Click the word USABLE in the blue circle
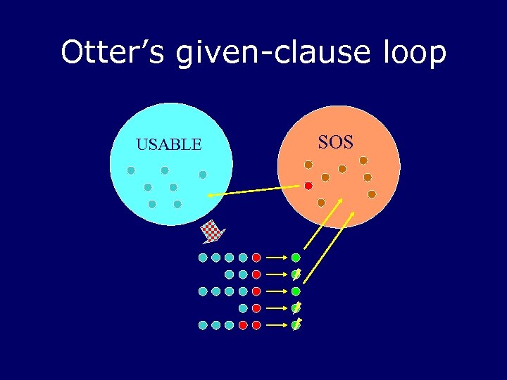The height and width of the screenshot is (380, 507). click(x=168, y=145)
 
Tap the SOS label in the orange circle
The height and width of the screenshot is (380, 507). click(x=335, y=142)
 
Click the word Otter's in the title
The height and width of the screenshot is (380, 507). click(x=113, y=53)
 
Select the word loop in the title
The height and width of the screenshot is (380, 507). click(x=414, y=53)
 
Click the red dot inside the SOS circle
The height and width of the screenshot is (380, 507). click(x=308, y=186)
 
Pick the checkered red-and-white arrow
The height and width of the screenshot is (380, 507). click(x=212, y=231)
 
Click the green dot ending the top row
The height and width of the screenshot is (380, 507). click(x=296, y=258)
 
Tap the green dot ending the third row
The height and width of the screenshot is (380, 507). click(x=296, y=291)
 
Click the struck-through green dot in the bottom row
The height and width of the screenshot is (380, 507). click(x=296, y=325)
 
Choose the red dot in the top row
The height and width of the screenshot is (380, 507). click(x=256, y=258)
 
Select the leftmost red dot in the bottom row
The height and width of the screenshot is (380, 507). click(x=243, y=325)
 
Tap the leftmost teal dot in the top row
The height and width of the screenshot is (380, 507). click(x=203, y=258)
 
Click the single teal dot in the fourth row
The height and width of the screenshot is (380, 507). click(x=243, y=308)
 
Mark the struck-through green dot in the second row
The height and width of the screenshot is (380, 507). click(x=296, y=274)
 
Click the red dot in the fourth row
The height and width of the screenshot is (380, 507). click(x=256, y=308)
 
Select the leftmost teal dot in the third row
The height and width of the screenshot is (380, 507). click(x=203, y=291)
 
